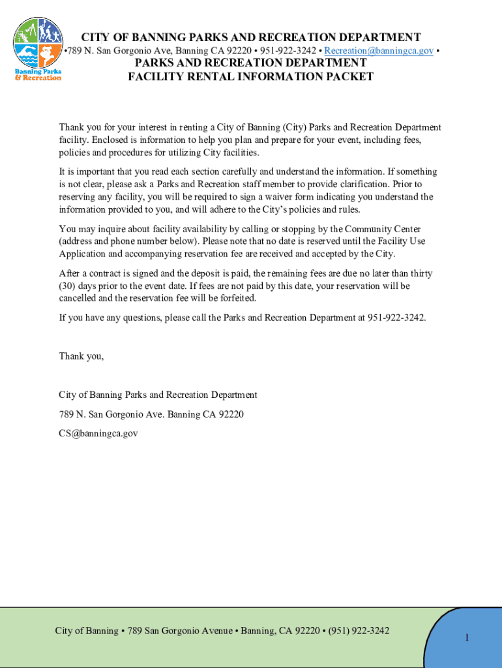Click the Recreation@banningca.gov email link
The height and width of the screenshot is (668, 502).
(379, 51)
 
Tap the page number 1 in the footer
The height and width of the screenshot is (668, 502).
(467, 637)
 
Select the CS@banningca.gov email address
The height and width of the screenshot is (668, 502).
(98, 433)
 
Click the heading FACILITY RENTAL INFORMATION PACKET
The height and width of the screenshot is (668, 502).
(250, 77)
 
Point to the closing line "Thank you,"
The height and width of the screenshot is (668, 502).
(81, 356)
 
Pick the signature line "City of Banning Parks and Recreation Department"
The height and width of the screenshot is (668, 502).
(158, 395)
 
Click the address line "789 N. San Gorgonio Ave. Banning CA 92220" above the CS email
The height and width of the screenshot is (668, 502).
(151, 414)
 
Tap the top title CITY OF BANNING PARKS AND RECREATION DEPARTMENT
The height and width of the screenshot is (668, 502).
(250, 37)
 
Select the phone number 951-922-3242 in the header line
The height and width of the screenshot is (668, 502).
(288, 51)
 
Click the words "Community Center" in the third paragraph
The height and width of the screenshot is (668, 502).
(383, 229)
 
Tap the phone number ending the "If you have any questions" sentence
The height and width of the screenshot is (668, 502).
(396, 318)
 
